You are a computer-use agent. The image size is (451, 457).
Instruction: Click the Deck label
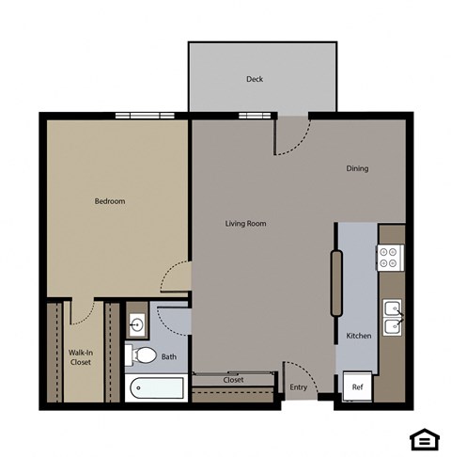pos(255,79)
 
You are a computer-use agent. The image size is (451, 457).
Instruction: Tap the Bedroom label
pos(110,201)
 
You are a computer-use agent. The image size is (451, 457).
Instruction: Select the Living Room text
pos(246,224)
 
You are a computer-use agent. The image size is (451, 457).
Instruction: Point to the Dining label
pos(357,169)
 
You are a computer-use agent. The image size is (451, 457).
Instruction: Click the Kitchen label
pos(359,336)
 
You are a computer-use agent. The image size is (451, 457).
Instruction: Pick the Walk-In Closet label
pos(81,358)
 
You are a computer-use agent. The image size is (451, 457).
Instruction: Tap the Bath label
pos(169,356)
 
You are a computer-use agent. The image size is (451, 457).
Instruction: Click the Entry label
pos(299,387)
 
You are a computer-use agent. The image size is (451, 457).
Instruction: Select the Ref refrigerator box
pos(357,386)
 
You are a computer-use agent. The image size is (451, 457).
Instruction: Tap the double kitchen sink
pos(392,315)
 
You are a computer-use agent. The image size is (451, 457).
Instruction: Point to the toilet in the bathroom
pos(142,355)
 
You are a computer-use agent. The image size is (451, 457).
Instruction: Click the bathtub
pos(157,386)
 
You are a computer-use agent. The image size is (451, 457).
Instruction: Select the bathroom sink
pos(137,325)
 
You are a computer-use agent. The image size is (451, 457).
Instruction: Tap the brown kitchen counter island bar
pos(335,283)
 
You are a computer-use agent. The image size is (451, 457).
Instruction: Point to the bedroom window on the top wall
pos(145,116)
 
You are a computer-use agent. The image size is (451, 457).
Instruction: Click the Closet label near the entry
pos(234,380)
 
